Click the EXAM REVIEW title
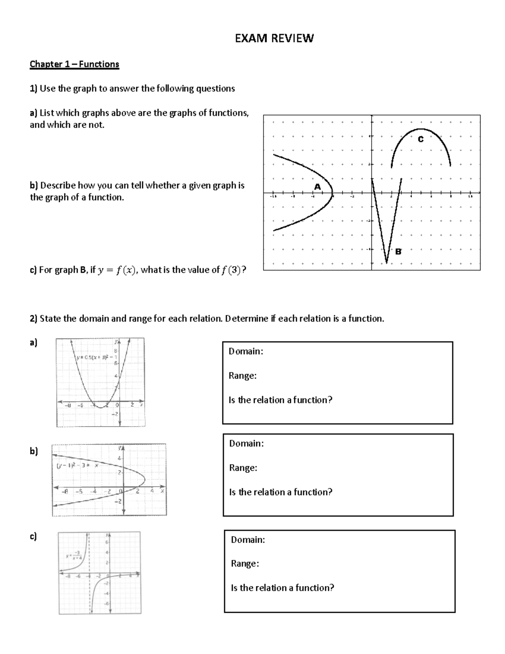(274, 38)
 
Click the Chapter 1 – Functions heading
(74, 64)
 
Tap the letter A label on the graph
(317, 186)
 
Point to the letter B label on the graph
(398, 251)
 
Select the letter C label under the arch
(420, 139)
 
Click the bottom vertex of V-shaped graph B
(386, 263)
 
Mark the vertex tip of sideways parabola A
(332, 194)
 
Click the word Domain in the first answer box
(246, 351)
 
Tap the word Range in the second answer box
(243, 468)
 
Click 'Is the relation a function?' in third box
(282, 587)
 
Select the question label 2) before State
(34, 319)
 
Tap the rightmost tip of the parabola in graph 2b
(145, 479)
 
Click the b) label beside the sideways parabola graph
(34, 451)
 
